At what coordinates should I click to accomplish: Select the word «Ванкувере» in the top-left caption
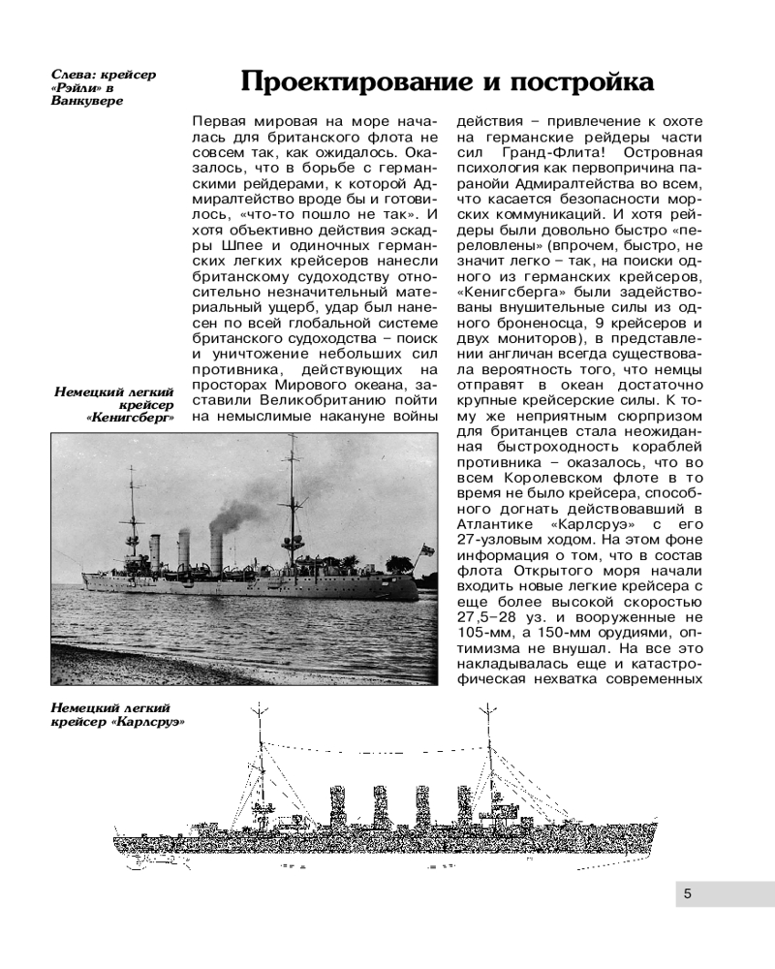pos(87,101)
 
